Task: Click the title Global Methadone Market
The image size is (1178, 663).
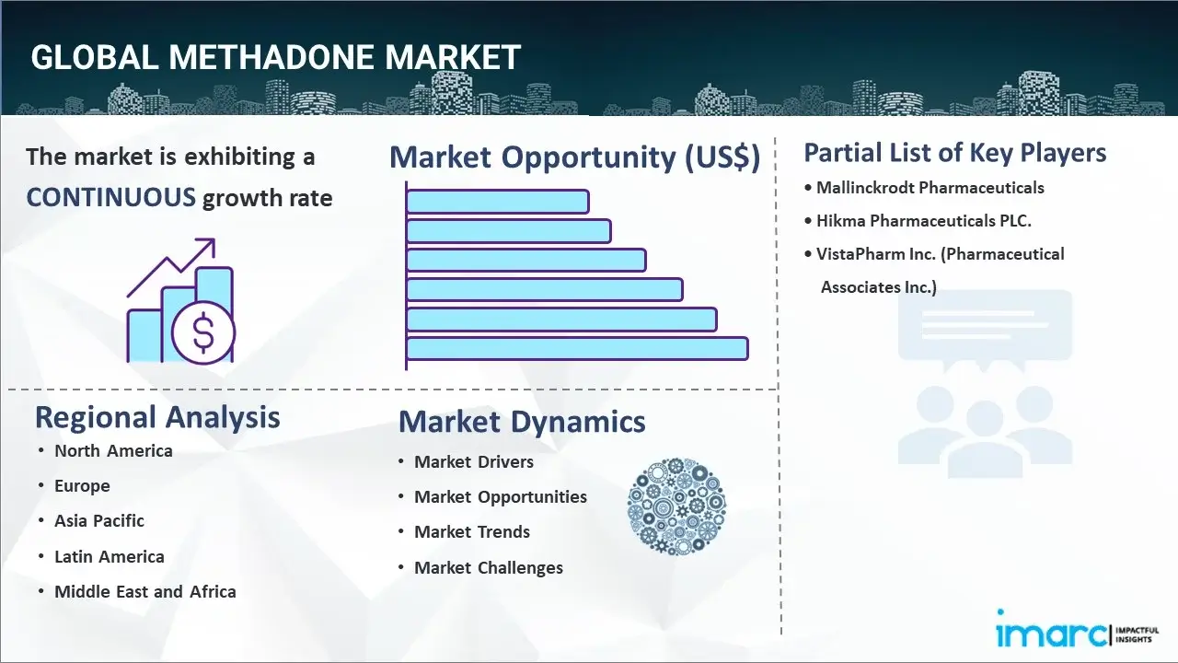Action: click(275, 57)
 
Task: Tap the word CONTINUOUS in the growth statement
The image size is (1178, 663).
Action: click(110, 197)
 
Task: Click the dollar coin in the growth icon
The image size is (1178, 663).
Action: click(203, 333)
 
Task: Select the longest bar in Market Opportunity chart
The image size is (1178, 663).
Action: click(576, 348)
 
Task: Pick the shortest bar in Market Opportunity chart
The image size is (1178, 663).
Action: click(497, 201)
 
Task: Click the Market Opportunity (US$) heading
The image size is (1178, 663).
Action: click(574, 157)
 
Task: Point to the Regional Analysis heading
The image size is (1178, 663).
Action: click(157, 417)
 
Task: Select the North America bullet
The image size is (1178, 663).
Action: click(113, 450)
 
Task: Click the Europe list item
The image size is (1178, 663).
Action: click(82, 485)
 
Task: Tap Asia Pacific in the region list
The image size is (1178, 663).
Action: click(99, 520)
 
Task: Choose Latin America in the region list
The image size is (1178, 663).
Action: click(109, 556)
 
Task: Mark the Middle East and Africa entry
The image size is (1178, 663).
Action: click(144, 591)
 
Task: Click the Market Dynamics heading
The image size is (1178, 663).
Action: click(522, 422)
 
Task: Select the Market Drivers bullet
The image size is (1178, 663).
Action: click(473, 461)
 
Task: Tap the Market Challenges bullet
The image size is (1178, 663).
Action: click(488, 567)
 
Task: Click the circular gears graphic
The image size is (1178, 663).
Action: click(676, 506)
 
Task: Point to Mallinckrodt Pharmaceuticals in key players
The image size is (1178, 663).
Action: click(930, 188)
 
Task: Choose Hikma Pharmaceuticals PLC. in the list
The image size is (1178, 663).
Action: click(924, 221)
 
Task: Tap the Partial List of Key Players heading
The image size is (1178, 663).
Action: click(954, 153)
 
